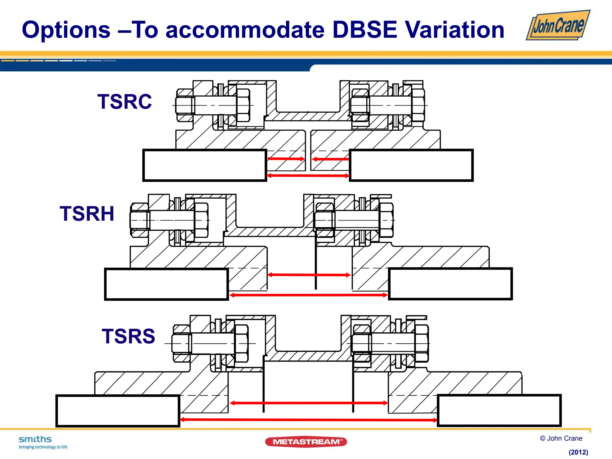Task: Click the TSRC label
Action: pyautogui.click(x=125, y=102)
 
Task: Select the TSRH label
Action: pyautogui.click(x=87, y=214)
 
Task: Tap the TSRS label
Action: pyautogui.click(x=128, y=336)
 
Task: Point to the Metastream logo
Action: pyautogui.click(x=306, y=442)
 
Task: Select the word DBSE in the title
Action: pyautogui.click(x=365, y=30)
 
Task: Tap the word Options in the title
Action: pyautogui.click(x=66, y=30)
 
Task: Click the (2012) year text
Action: pyautogui.click(x=578, y=452)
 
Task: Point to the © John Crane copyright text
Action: pyautogui.click(x=561, y=438)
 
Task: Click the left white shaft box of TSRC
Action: pyautogui.click(x=205, y=165)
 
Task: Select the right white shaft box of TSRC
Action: pyautogui.click(x=411, y=165)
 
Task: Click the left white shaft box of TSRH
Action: pyautogui.click(x=166, y=284)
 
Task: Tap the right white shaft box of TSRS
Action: pyautogui.click(x=499, y=411)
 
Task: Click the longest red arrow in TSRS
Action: pyautogui.click(x=308, y=420)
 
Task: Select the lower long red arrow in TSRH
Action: pyautogui.click(x=308, y=295)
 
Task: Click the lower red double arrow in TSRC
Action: pyautogui.click(x=308, y=176)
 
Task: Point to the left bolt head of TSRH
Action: pyautogui.click(x=139, y=220)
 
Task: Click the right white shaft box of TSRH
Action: pyautogui.click(x=450, y=284)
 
